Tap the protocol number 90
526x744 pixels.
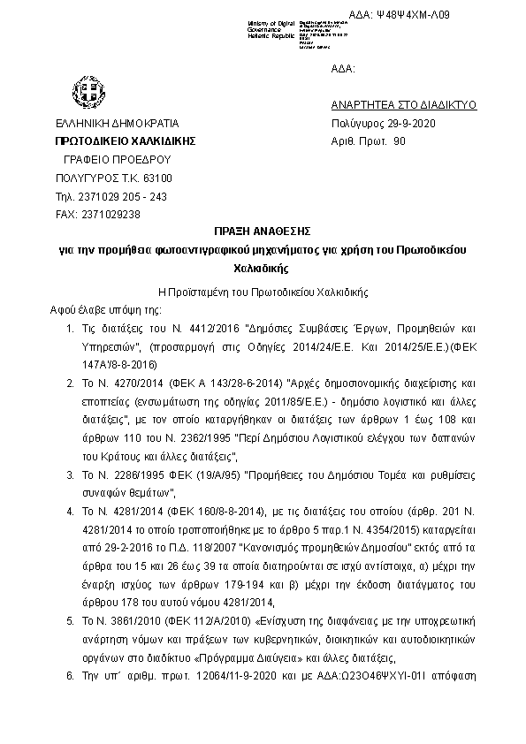point(400,140)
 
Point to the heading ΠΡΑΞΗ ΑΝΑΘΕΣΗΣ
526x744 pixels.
point(263,233)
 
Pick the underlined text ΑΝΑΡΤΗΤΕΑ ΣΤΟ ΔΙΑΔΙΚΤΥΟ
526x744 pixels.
point(403,104)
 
